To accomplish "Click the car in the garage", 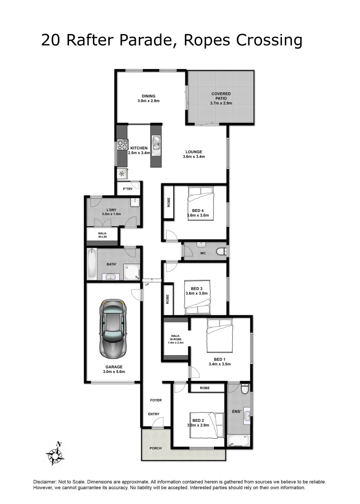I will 113,329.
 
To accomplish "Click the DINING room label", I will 148,96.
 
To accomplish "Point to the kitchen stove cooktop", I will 122,145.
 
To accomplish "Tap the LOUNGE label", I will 194,152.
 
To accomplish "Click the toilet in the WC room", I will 221,252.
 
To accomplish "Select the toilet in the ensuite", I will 245,388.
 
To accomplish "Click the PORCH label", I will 155,448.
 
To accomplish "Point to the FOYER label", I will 155,400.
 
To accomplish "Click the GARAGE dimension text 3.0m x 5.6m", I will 114,371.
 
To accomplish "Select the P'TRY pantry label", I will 127,189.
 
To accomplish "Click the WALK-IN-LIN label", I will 103,235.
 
